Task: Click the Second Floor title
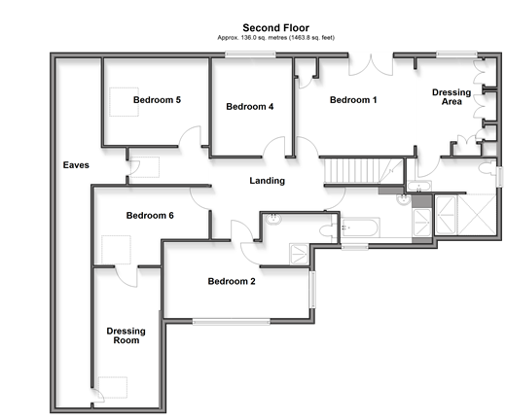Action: tap(275, 28)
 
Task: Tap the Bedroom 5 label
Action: tap(157, 100)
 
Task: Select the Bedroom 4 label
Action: tap(250, 107)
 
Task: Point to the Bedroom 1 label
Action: tap(353, 100)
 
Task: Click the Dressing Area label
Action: tap(452, 97)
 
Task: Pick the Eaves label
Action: tap(76, 165)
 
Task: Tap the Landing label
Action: tap(268, 181)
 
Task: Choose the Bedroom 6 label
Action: tap(150, 216)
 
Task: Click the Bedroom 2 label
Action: tap(232, 281)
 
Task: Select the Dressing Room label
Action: tap(126, 335)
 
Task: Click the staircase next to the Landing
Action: tap(363, 171)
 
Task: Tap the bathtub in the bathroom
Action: tap(360, 227)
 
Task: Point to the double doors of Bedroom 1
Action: tap(371, 65)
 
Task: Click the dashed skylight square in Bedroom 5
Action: tap(124, 102)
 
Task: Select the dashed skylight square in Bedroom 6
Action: tap(116, 250)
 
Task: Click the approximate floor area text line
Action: tap(275, 38)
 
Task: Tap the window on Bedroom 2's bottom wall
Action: tap(232, 322)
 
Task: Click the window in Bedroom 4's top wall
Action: tap(250, 54)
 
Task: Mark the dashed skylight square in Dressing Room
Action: tap(113, 387)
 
